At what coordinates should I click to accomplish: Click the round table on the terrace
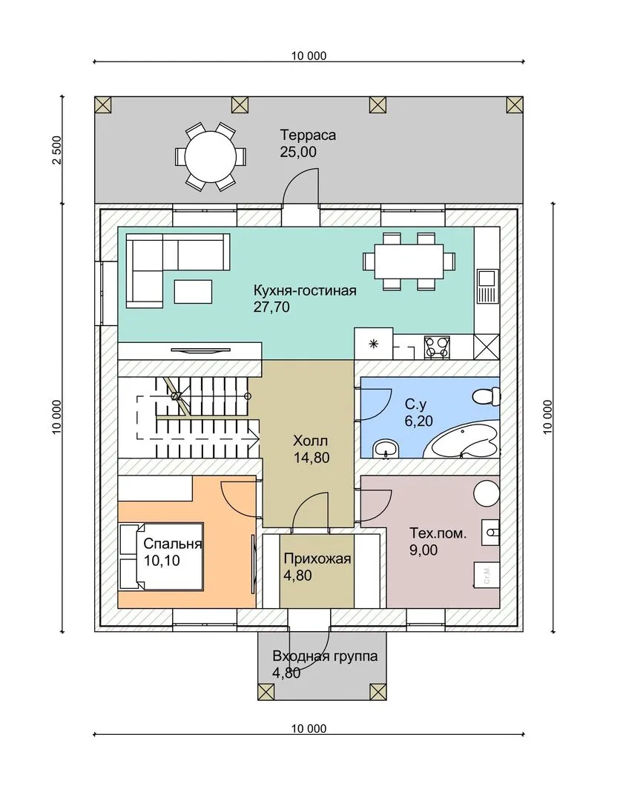(x=211, y=156)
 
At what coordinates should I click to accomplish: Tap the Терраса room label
(x=308, y=136)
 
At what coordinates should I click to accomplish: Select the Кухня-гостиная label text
(x=305, y=291)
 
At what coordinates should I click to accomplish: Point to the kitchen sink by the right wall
(x=487, y=286)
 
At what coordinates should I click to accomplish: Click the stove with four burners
(x=437, y=347)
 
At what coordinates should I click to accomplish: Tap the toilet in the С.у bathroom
(x=486, y=396)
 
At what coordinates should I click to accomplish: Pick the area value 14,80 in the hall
(x=311, y=458)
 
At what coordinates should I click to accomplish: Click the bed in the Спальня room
(x=161, y=556)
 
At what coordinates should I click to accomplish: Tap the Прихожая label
(x=317, y=559)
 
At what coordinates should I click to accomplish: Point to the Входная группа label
(x=325, y=656)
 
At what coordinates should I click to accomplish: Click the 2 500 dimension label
(x=56, y=150)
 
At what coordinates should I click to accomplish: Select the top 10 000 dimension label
(x=309, y=56)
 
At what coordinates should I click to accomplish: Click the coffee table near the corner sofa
(x=193, y=291)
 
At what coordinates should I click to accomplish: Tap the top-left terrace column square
(x=103, y=105)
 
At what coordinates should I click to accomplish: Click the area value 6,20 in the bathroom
(x=419, y=421)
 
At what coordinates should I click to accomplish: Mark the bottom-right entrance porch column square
(x=378, y=692)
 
